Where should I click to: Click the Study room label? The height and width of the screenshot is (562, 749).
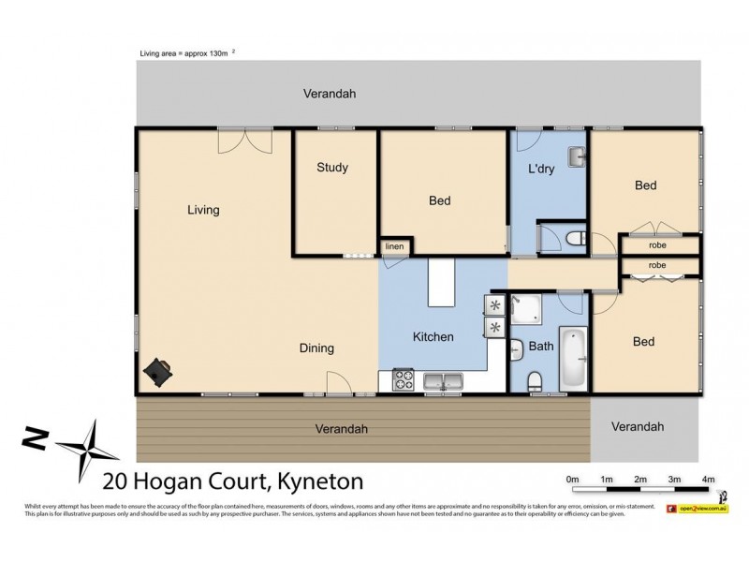point(331,168)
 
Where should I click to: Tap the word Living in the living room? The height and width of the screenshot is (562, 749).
point(203,210)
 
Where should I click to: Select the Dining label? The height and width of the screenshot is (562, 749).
point(316,348)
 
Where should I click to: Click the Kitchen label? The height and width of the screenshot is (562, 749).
point(433,337)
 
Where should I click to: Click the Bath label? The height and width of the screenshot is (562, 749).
point(541,346)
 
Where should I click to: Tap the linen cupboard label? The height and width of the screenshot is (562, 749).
point(394,247)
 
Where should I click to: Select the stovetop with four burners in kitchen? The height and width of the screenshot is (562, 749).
point(404,380)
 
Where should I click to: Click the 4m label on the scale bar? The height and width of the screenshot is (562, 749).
point(708,479)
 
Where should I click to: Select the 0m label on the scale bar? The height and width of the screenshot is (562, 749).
point(572,479)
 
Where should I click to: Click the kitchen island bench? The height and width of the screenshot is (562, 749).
point(441,284)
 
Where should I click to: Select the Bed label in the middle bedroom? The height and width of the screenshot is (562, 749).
point(439,200)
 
